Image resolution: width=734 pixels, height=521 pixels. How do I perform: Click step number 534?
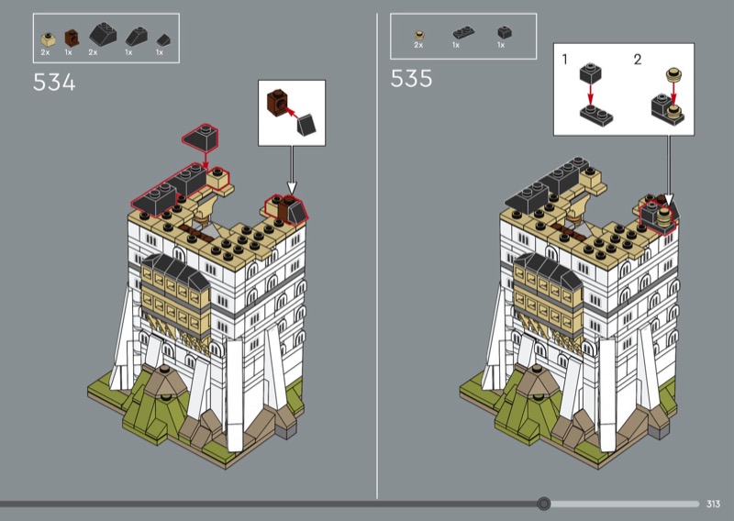pos(54,83)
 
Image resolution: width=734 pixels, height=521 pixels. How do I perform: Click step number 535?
pos(411,78)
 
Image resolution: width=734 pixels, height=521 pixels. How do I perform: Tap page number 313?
pos(713,504)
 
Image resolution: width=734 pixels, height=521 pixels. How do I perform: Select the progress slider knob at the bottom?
pos(543,504)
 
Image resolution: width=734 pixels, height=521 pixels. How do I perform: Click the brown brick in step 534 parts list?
pos(72,38)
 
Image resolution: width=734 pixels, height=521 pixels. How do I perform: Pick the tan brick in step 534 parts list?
pos(48,39)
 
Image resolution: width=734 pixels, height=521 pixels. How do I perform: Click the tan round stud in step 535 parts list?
pos(419,35)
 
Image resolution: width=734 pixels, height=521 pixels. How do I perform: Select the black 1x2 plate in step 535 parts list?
pos(463,33)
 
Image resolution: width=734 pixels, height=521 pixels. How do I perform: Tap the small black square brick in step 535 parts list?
pos(504,32)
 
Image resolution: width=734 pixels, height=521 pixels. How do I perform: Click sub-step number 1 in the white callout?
pos(564,60)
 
